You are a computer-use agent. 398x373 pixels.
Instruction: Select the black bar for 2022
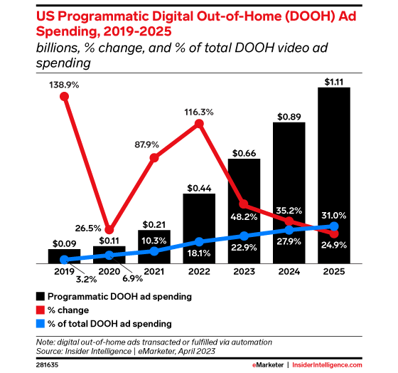click(x=199, y=228)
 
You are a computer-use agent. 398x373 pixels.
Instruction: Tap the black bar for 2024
click(x=289, y=193)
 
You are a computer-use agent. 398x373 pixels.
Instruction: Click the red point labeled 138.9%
click(x=65, y=98)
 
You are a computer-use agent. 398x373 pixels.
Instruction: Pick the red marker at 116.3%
click(x=199, y=125)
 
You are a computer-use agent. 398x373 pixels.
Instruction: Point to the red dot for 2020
click(x=109, y=230)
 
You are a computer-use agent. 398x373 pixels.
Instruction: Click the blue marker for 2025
click(x=333, y=227)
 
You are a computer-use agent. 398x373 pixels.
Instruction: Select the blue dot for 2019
click(x=65, y=260)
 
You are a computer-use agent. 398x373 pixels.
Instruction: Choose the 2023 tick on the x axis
click(x=244, y=272)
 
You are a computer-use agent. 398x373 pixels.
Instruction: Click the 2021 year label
click(x=154, y=272)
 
